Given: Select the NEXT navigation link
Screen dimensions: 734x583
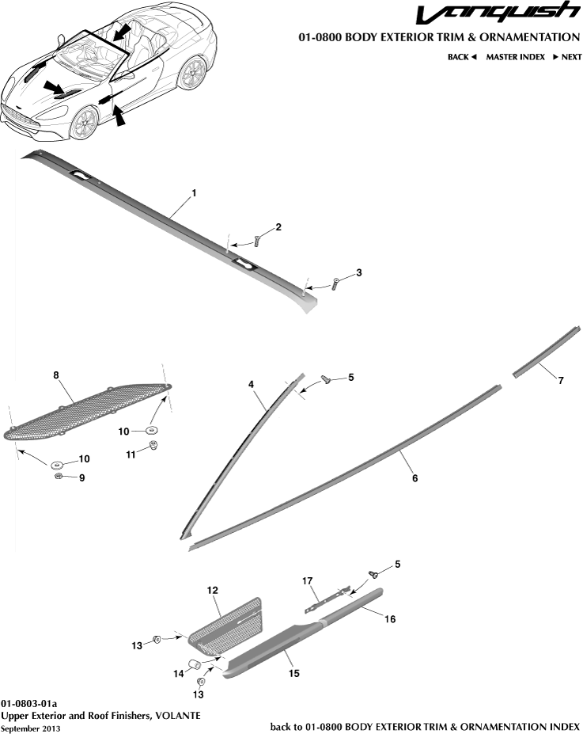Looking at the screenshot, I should click(566, 57).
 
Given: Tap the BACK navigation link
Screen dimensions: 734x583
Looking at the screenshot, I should click(462, 57).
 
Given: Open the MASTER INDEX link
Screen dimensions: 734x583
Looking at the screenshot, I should click(515, 57).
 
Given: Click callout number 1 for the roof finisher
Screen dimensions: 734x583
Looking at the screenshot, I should click(194, 193).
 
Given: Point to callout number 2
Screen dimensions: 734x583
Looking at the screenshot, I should click(278, 227).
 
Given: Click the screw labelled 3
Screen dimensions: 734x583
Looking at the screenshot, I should click(335, 283).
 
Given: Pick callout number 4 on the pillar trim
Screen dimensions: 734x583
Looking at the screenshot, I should click(251, 384).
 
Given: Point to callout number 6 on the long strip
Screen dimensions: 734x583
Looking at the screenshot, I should click(414, 479).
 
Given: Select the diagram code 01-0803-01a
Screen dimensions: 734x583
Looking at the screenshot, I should click(29, 703).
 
